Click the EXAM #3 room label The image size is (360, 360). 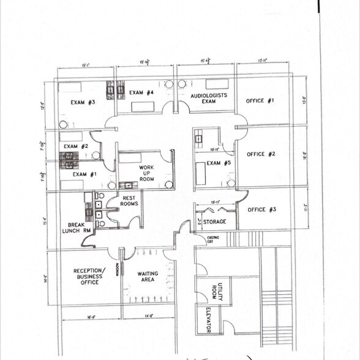83,102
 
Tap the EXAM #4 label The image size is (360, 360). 141,93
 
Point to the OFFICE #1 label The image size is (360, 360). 260,100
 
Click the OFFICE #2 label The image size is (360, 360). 261,154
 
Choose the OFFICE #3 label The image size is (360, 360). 261,209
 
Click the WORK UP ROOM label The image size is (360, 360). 146,173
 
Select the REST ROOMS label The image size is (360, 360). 129,201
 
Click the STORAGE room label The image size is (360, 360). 216,222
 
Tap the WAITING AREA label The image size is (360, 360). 148,277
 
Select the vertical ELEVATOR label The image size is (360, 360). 208,319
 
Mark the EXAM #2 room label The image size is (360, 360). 77,146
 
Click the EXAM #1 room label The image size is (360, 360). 84,174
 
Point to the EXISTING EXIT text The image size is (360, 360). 213,239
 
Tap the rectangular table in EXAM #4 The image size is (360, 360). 143,107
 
